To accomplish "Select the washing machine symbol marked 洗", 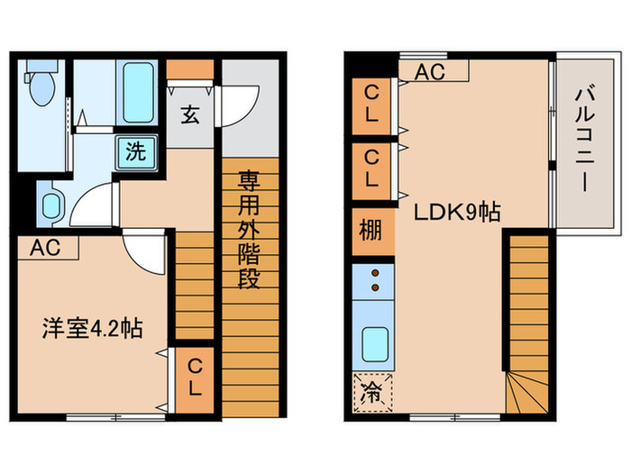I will coord(134,150).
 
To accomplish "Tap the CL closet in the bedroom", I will coord(194,378).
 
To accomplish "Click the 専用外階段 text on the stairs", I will coord(248,230).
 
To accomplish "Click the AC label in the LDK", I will coord(431,72).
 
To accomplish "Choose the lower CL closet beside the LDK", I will coord(371,168).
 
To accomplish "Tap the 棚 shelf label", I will coord(371,230).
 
